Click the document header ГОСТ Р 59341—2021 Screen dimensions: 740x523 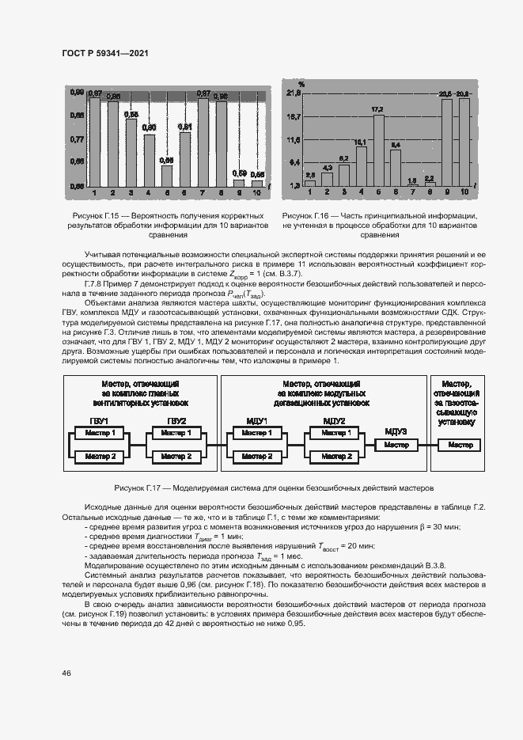105,53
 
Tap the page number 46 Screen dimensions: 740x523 66,673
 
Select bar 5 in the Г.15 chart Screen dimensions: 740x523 167,175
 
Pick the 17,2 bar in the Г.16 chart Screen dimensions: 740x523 378,150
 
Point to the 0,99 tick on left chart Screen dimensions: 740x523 76,93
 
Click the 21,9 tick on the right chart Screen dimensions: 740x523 294,94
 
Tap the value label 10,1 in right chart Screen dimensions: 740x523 361,142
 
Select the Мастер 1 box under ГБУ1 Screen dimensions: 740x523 101,433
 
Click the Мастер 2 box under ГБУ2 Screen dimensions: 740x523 176,457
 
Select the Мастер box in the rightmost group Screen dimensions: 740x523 461,445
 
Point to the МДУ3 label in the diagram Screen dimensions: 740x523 396,431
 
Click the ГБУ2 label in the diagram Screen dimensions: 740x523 176,419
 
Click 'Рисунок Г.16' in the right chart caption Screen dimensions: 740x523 309,215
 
